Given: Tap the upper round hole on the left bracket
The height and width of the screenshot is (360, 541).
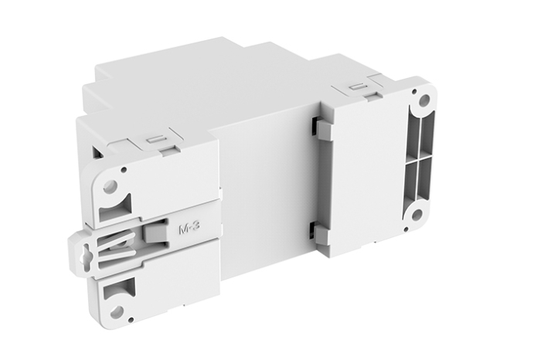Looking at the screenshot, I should (110, 185).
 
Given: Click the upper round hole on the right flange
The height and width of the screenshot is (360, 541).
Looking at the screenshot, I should (424, 100).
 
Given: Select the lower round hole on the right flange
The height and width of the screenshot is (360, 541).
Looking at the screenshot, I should (417, 214).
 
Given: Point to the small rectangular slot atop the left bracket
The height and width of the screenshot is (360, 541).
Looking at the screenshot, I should (155, 140).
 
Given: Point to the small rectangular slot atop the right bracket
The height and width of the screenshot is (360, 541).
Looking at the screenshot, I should (358, 87).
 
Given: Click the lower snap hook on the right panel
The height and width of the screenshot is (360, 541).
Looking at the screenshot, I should (320, 233).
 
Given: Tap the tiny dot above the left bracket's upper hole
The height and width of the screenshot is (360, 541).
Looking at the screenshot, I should (124, 168).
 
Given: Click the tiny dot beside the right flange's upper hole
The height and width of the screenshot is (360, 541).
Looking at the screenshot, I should (410, 91).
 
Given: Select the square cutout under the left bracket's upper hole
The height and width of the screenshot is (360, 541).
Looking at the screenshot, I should (121, 205).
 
